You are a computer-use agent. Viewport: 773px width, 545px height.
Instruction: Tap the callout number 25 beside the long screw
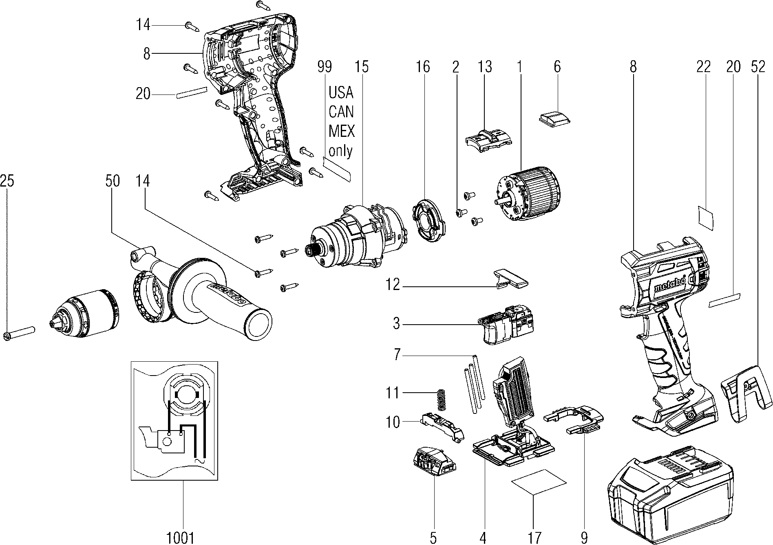pyautogui.click(x=7, y=181)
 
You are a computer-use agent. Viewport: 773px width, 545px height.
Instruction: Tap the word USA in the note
pyautogui.click(x=341, y=93)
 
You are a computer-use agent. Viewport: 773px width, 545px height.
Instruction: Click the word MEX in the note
pyautogui.click(x=342, y=131)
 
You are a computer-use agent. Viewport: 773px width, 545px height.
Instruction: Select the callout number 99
pyautogui.click(x=325, y=66)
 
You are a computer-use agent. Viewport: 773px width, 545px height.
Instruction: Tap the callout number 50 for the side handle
pyautogui.click(x=113, y=181)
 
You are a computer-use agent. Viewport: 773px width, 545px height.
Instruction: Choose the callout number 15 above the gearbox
pyautogui.click(x=361, y=66)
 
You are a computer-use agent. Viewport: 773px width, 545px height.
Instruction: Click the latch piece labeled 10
pyautogui.click(x=442, y=426)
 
